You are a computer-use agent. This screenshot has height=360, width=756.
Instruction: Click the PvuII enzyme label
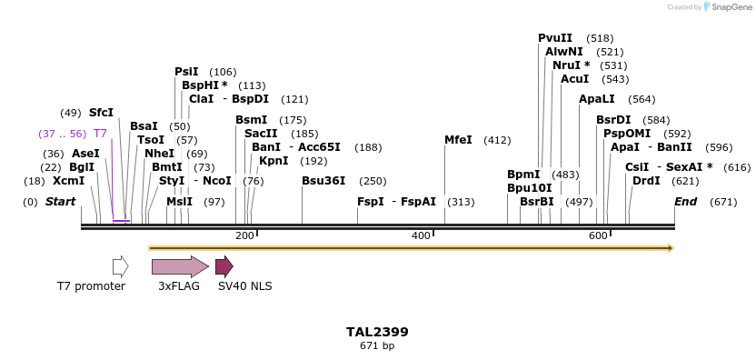555,38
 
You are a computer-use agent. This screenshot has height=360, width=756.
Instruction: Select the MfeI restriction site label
458,140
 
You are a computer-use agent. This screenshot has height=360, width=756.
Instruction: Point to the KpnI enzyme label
274,161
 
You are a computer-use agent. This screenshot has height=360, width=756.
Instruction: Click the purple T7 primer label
101,134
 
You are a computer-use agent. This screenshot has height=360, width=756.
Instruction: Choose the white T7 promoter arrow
120,266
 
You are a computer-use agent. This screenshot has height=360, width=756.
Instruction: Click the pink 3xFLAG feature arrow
180,266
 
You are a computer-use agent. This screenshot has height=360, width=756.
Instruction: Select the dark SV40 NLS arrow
224,266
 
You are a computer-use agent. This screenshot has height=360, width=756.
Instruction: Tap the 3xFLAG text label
178,286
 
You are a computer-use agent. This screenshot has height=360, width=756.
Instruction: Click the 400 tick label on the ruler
421,236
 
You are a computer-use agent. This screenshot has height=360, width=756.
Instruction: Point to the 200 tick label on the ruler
244,236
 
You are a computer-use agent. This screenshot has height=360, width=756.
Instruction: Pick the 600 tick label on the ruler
598,236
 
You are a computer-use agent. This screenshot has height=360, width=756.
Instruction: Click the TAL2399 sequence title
377,333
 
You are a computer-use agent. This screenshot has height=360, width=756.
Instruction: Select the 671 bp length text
377,345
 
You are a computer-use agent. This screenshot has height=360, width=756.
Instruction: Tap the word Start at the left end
60,202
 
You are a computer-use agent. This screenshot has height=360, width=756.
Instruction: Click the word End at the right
685,202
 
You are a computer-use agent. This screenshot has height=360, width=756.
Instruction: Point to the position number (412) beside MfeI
497,140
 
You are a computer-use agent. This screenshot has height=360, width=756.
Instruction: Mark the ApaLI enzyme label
597,99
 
